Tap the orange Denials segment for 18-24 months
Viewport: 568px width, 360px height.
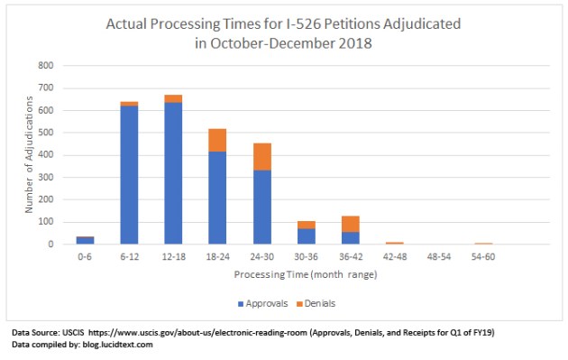click(x=217, y=140)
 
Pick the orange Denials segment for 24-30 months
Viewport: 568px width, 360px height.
click(x=261, y=156)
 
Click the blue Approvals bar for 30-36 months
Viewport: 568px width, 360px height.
click(x=306, y=236)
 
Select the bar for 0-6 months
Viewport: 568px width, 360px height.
click(x=85, y=240)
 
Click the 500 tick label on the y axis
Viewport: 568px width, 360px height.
click(x=46, y=133)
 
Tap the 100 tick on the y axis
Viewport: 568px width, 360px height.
click(x=46, y=222)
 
